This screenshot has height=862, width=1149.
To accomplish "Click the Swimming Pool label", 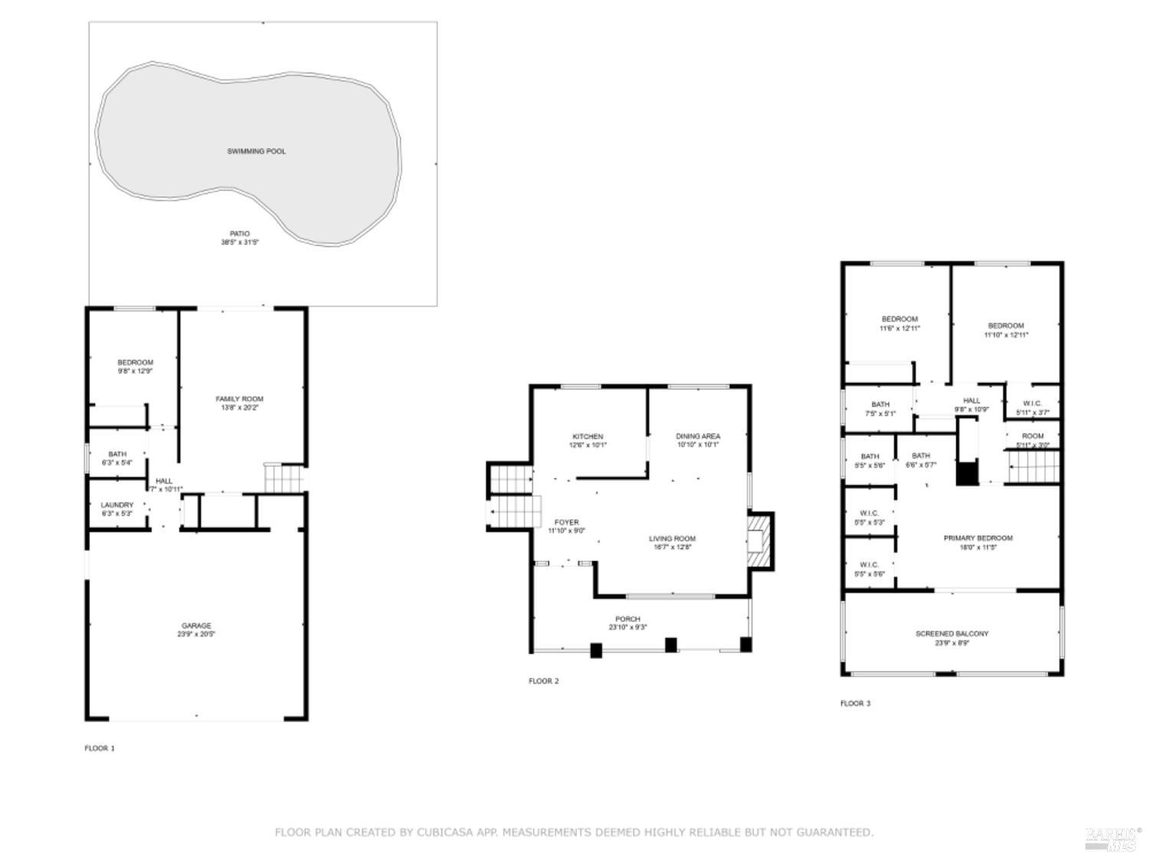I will pos(256,152).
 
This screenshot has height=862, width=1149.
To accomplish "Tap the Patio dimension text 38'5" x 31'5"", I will pos(240,243).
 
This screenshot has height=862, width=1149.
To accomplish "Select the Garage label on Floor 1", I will pos(196,625).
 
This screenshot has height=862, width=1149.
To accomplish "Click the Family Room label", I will pos(239,399).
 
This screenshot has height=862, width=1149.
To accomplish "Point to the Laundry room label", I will pos(117,505).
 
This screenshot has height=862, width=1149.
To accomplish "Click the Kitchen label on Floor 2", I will pos(588,437).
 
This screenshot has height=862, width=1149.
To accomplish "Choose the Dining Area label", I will pos(698,437).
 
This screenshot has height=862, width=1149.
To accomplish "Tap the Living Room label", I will pos(673,539).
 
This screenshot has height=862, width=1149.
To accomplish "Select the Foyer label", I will pos(566,523).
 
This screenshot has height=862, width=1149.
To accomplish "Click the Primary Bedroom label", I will pos(977,539).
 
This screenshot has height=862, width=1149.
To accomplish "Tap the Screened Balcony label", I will pos(952,634).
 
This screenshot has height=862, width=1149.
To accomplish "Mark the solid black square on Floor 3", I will pos(967,474).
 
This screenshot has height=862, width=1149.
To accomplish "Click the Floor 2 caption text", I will pos(544,681).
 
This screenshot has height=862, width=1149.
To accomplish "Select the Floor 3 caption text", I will pos(855,703).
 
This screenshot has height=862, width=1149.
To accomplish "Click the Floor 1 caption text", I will pos(100,749).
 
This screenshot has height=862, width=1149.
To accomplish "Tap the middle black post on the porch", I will pos(671,645).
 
